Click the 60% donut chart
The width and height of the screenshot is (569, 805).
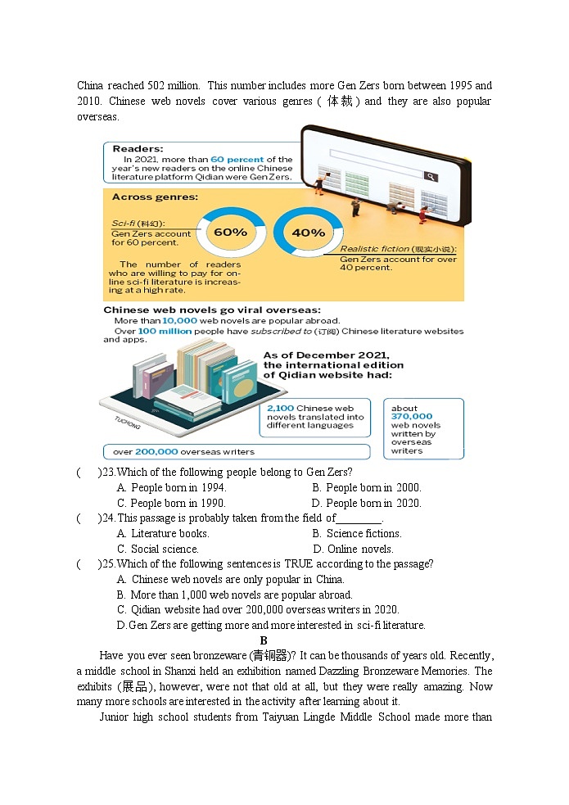click(x=231, y=232)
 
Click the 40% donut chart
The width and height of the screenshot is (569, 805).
click(x=308, y=232)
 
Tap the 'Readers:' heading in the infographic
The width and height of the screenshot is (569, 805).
click(x=138, y=149)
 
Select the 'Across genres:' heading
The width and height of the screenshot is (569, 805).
click(x=155, y=197)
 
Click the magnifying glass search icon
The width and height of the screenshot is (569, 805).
click(x=430, y=177)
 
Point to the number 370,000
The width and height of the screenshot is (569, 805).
click(x=412, y=417)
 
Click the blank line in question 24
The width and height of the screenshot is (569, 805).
click(x=359, y=519)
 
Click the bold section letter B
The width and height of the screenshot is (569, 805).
click(x=264, y=640)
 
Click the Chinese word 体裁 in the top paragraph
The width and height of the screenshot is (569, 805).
click(x=341, y=102)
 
